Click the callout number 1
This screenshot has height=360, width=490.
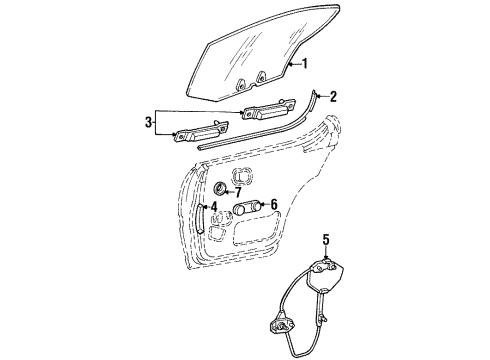306,64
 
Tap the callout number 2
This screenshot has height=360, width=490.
334,97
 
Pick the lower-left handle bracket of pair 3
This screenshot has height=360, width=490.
199,130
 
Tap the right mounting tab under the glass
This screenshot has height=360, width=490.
261,76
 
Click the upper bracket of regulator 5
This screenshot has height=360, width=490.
330,273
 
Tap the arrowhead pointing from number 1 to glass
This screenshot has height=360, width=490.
290,64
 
